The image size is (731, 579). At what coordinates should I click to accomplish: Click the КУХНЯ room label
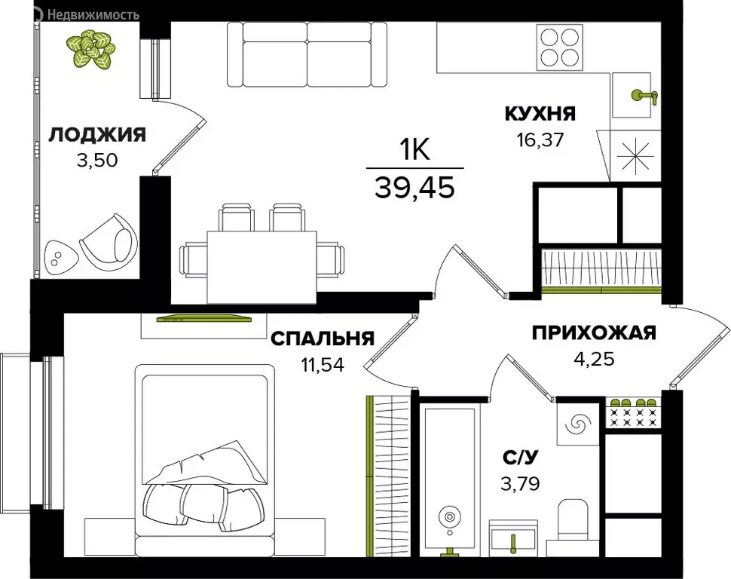pyautogui.click(x=540, y=115)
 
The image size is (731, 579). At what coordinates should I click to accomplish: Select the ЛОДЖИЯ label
pyautogui.click(x=97, y=135)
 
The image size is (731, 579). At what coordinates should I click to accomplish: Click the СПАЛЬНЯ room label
pyautogui.click(x=323, y=339)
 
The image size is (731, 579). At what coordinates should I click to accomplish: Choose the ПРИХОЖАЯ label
pyautogui.click(x=594, y=333)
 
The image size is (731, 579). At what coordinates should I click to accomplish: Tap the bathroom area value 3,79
pyautogui.click(x=519, y=480)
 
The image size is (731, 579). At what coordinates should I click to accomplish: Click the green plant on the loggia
pyautogui.click(x=89, y=47)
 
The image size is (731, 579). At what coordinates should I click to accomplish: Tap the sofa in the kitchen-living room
pyautogui.click(x=309, y=54)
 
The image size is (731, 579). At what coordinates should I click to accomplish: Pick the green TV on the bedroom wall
pyautogui.click(x=203, y=319)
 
